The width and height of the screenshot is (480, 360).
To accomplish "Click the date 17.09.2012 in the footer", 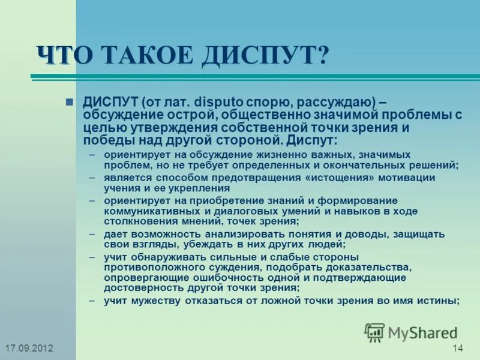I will click(28, 349).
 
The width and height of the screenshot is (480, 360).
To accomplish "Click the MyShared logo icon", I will click(374, 332).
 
